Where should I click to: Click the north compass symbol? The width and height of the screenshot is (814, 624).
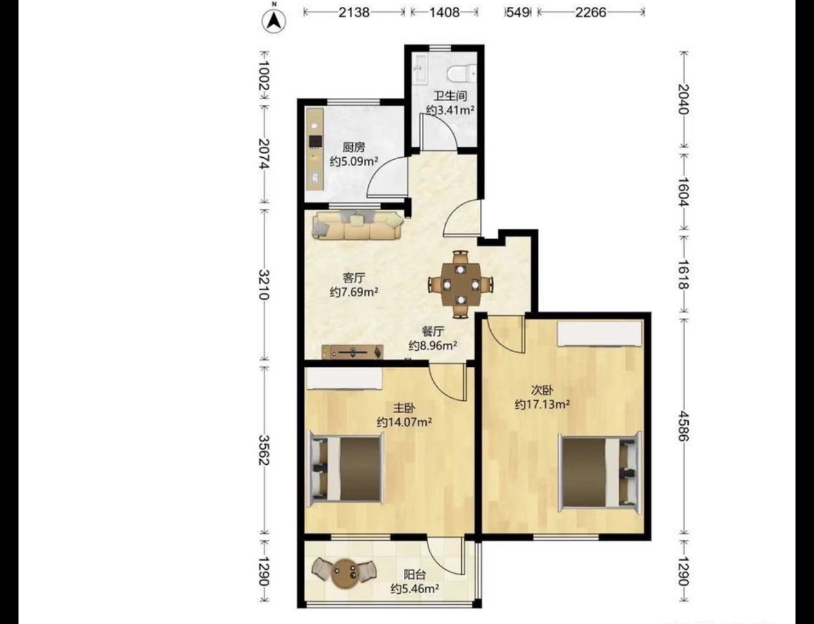pyautogui.click(x=274, y=20)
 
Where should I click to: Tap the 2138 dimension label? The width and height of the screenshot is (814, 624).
pyautogui.click(x=354, y=13)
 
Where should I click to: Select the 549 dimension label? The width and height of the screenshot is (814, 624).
pyautogui.click(x=517, y=13)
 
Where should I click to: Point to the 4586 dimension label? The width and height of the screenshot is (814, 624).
pyautogui.click(x=684, y=426)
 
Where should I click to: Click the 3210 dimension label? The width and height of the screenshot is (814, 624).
pyautogui.click(x=264, y=284)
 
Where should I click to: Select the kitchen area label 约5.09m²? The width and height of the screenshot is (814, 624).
pyautogui.click(x=354, y=162)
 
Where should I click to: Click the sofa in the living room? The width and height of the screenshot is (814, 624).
pyautogui.click(x=358, y=226)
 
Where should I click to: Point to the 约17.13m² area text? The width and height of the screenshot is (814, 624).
pyautogui.click(x=542, y=404)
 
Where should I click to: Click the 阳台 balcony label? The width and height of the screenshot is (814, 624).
pyautogui.click(x=414, y=574)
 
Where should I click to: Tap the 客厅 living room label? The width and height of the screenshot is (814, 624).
pyautogui.click(x=354, y=277)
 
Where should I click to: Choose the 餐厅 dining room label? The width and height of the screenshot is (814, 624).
pyautogui.click(x=433, y=331)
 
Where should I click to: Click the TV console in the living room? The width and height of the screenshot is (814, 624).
pyautogui.click(x=353, y=351)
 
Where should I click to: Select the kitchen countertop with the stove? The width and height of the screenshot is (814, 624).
pyautogui.click(x=314, y=149)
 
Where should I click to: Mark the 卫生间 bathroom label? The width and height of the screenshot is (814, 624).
pyautogui.click(x=450, y=96)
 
